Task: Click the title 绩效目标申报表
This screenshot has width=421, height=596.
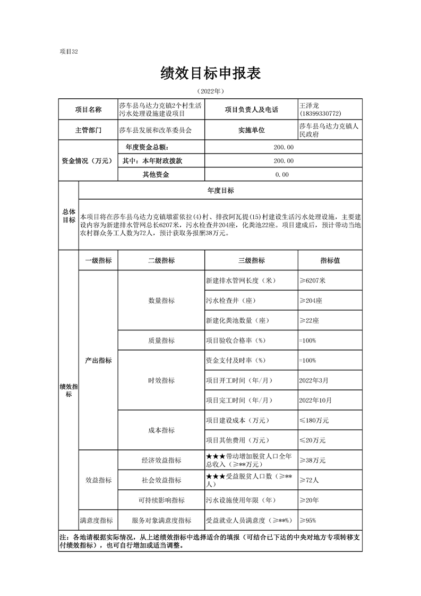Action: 211,73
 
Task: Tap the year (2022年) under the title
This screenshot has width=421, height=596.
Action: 211,91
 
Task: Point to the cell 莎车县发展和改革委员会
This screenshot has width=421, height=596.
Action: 155,130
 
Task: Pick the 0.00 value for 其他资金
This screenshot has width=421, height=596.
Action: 282,174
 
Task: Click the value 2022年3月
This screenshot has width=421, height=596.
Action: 314,380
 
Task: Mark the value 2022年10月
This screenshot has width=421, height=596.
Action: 315,400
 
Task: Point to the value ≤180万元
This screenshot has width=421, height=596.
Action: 314,420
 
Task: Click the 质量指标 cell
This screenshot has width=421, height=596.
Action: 161,340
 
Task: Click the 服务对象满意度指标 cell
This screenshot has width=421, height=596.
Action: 161,521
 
